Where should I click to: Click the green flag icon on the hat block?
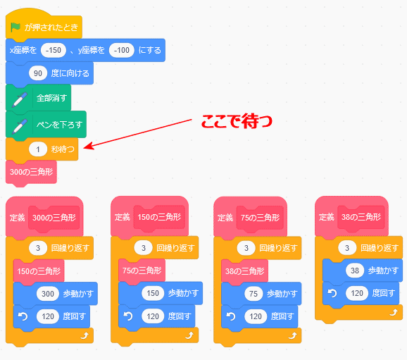15,27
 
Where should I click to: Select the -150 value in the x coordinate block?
54,50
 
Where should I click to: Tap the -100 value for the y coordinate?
122,50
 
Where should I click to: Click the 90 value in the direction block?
38,73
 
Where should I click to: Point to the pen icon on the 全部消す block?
19,99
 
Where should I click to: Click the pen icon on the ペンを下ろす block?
19,126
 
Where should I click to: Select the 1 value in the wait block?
38,149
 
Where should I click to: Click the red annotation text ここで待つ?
237,121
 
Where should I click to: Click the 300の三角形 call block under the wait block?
31,172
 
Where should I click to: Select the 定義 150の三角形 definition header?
149,216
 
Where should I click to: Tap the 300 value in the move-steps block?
48,294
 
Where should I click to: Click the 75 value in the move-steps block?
253,294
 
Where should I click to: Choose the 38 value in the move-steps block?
355,271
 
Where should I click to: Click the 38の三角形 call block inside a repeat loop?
244,271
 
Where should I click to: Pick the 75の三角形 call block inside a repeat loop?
142,271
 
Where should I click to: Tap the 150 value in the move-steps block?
153,293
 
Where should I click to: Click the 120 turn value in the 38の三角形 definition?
357,293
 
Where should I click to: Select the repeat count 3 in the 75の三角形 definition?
246,248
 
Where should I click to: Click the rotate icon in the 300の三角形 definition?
23,316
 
